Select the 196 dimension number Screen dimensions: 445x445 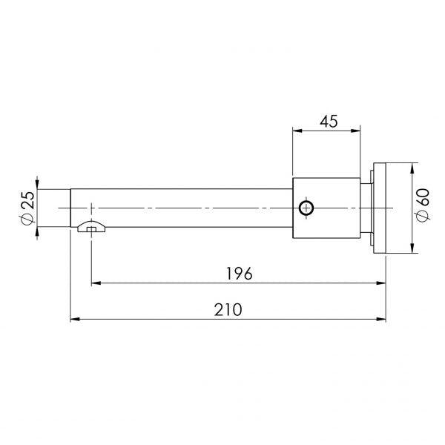coord(238,273)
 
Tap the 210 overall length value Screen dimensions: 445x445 coord(228,310)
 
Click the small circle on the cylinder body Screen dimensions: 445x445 coord(305,208)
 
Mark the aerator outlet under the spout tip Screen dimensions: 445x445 coord(90,228)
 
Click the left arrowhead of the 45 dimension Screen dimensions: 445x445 coord(296,131)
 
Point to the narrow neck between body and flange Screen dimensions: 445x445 coord(366,208)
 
